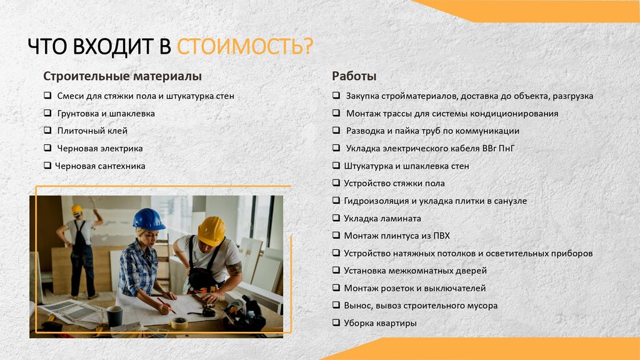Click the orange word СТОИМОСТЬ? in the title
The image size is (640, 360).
coord(245,47)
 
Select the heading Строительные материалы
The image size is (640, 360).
coord(122,76)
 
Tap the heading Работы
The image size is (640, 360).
coord(354,76)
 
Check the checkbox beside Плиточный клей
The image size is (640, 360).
coord(47,131)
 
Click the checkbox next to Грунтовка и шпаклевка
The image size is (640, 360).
coord(47,113)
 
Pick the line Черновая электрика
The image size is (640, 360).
coord(100,149)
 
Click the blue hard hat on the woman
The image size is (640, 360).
coord(148,219)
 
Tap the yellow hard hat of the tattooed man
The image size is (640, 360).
coord(212,231)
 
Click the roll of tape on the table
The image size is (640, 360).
coord(179,322)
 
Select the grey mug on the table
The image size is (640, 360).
coord(114,316)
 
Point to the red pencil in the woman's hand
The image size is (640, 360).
coord(166,305)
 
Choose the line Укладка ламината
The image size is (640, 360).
coord(382,219)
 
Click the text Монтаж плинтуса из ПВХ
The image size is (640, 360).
coord(396,236)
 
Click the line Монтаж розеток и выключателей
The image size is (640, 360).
coord(414,288)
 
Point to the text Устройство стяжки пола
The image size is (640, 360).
coord(394,184)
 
